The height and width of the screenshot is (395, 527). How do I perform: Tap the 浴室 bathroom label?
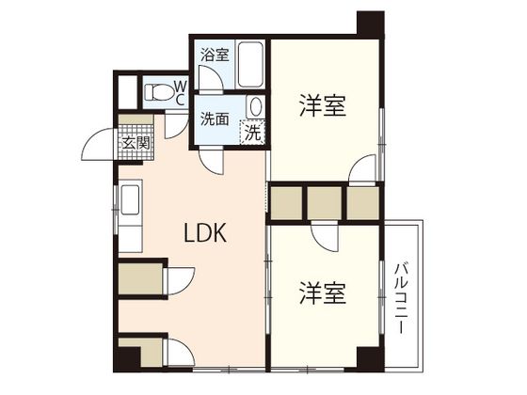(215, 54)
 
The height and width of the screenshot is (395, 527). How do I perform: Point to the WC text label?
(180, 92)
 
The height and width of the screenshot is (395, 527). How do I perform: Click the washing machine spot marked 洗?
(252, 133)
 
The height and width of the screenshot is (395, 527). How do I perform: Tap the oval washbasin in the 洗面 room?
(254, 105)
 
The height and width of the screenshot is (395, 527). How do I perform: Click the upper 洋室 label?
(322, 105)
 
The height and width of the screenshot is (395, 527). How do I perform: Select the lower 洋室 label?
(322, 293)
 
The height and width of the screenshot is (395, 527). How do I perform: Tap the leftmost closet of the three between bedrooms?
(285, 199)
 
